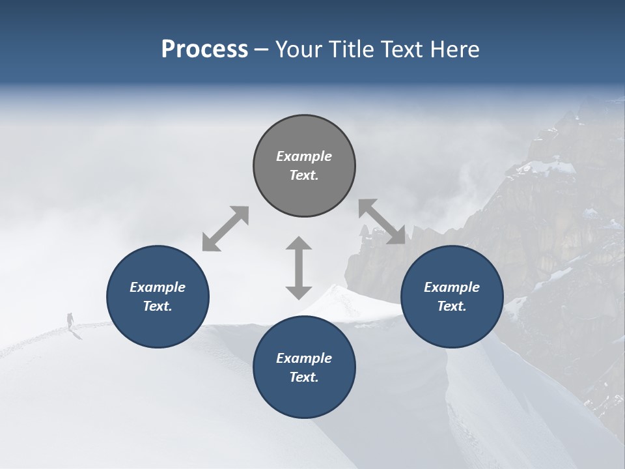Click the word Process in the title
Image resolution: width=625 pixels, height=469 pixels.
204,50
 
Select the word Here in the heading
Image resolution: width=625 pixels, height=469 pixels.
455,50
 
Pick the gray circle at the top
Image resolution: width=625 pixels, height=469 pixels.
304,165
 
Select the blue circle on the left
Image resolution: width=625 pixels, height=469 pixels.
158,296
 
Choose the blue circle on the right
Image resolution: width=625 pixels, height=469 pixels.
452,296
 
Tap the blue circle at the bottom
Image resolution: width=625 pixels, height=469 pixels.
304,367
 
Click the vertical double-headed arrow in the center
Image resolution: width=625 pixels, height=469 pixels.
299,268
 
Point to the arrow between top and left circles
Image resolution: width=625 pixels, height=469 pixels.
225,228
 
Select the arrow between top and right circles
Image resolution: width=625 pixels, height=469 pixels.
382,221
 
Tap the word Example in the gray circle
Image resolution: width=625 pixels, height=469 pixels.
304,156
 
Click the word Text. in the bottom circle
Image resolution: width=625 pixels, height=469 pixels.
304,377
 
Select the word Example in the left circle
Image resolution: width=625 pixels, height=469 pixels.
158,287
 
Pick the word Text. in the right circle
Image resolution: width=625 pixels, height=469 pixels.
452,306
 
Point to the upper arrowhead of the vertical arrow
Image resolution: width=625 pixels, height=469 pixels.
299,245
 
